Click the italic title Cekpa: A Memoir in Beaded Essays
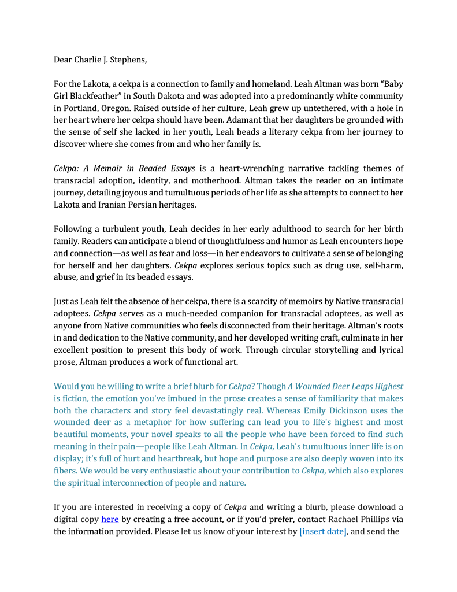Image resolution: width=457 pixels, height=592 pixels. [x=124, y=169]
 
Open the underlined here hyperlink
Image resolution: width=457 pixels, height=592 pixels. [x=110, y=519]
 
